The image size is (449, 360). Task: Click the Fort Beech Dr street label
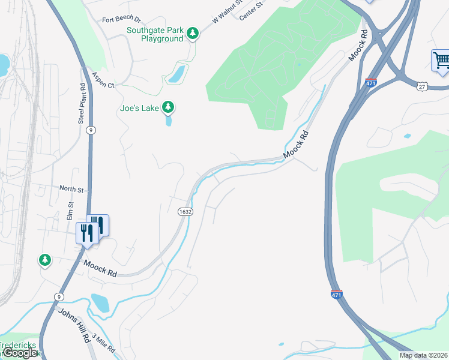click(121, 20)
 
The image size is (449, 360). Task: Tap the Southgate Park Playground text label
click(154, 34)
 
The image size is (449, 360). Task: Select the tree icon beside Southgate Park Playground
click(192, 34)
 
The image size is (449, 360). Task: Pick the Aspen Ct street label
click(103, 80)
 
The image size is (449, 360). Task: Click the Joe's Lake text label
click(139, 109)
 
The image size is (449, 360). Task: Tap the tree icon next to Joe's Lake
click(169, 108)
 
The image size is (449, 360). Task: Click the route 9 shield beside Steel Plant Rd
click(91, 130)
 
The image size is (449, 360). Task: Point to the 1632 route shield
click(184, 212)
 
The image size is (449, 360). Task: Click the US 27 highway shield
click(423, 86)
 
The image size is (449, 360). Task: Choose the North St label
click(71, 189)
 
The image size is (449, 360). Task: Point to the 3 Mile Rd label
click(103, 346)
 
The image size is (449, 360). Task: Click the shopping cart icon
click(441, 61)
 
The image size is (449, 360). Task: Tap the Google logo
click(20, 353)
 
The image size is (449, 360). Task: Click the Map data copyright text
click(424, 355)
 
